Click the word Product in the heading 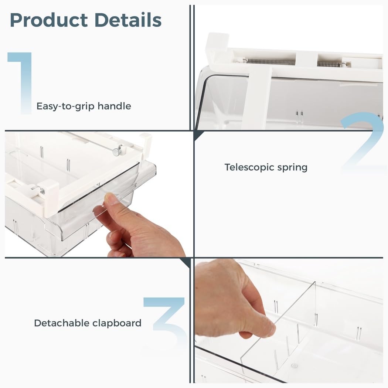coord(49,20)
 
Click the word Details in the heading coord(128,20)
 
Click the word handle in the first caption coord(114,106)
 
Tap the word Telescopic coord(249,167)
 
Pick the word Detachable coord(62,323)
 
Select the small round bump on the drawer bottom coord(294,365)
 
